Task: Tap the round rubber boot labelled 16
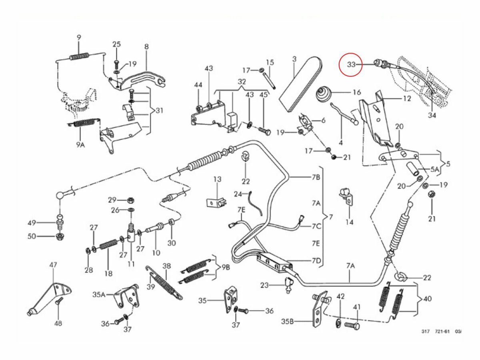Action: (324, 95)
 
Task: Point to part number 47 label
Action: (54, 265)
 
